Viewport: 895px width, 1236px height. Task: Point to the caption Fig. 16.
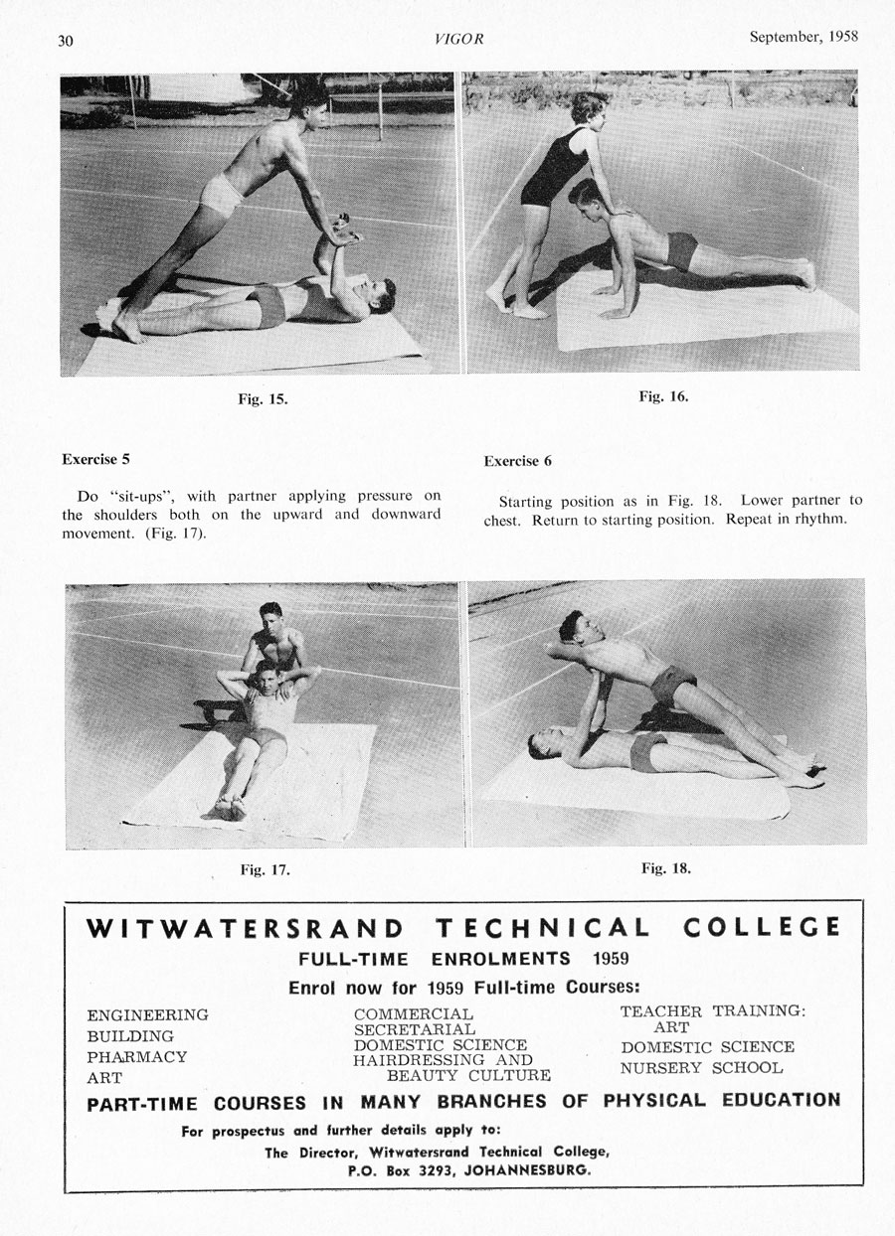(x=663, y=396)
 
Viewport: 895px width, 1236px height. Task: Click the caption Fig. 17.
(x=265, y=870)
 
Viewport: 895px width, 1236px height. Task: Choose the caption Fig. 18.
(x=665, y=867)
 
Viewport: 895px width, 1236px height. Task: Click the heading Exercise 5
(x=95, y=460)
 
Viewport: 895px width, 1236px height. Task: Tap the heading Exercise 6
(x=518, y=461)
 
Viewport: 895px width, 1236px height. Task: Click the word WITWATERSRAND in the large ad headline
(x=246, y=929)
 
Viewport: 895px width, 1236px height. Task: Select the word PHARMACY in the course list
(x=137, y=1057)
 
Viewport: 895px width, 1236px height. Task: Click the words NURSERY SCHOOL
(x=701, y=1069)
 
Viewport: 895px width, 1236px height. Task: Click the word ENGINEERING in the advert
(x=148, y=1014)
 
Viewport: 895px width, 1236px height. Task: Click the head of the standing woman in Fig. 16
(x=587, y=108)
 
